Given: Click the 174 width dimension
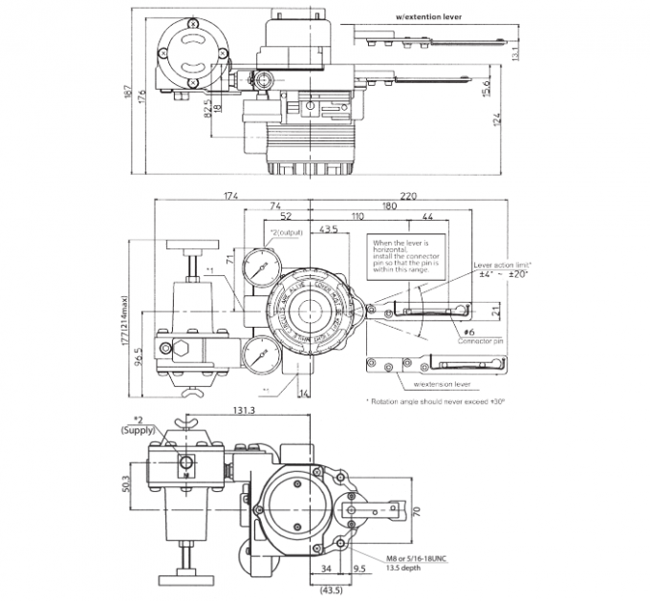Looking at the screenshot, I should (x=229, y=197).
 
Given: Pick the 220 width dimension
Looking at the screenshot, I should (x=408, y=197).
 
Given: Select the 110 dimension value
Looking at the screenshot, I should (x=357, y=216).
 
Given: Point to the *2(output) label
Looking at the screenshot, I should (x=286, y=232).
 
